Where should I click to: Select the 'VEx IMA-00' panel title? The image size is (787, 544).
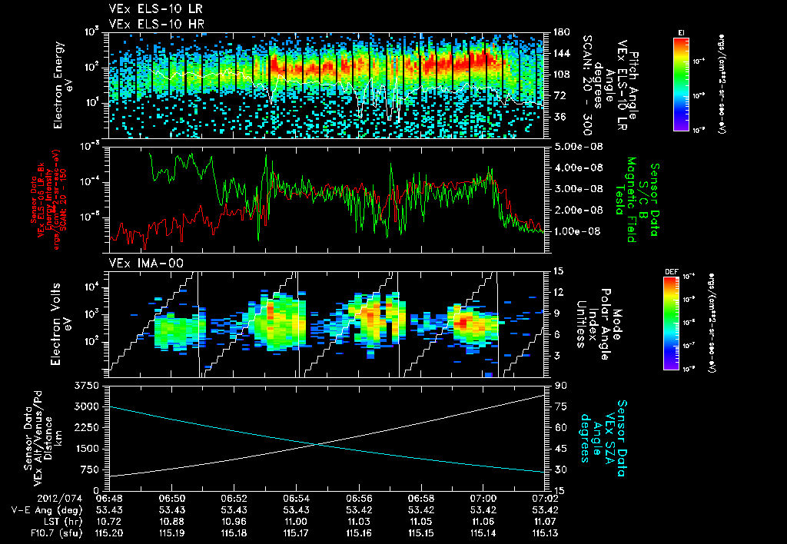tap(138, 264)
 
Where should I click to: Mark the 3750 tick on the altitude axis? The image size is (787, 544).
tap(89, 385)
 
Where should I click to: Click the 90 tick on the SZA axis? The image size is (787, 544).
tap(561, 385)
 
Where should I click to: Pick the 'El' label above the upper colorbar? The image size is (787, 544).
tap(681, 32)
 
